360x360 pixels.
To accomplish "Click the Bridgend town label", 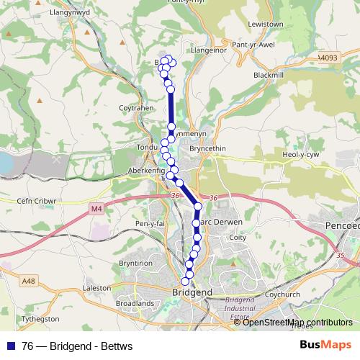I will [193, 292].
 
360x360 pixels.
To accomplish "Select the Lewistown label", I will [264, 24].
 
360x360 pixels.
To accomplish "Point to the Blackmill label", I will [270, 75].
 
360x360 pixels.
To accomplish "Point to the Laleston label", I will [97, 288].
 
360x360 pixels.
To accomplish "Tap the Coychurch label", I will [282, 294].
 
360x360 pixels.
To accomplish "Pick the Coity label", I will [236, 237].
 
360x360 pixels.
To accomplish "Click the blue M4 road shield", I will [97, 209].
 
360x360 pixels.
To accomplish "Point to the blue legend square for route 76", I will [12, 346].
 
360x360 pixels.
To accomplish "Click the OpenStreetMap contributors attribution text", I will [297, 322].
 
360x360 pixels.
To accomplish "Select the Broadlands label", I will [135, 304].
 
